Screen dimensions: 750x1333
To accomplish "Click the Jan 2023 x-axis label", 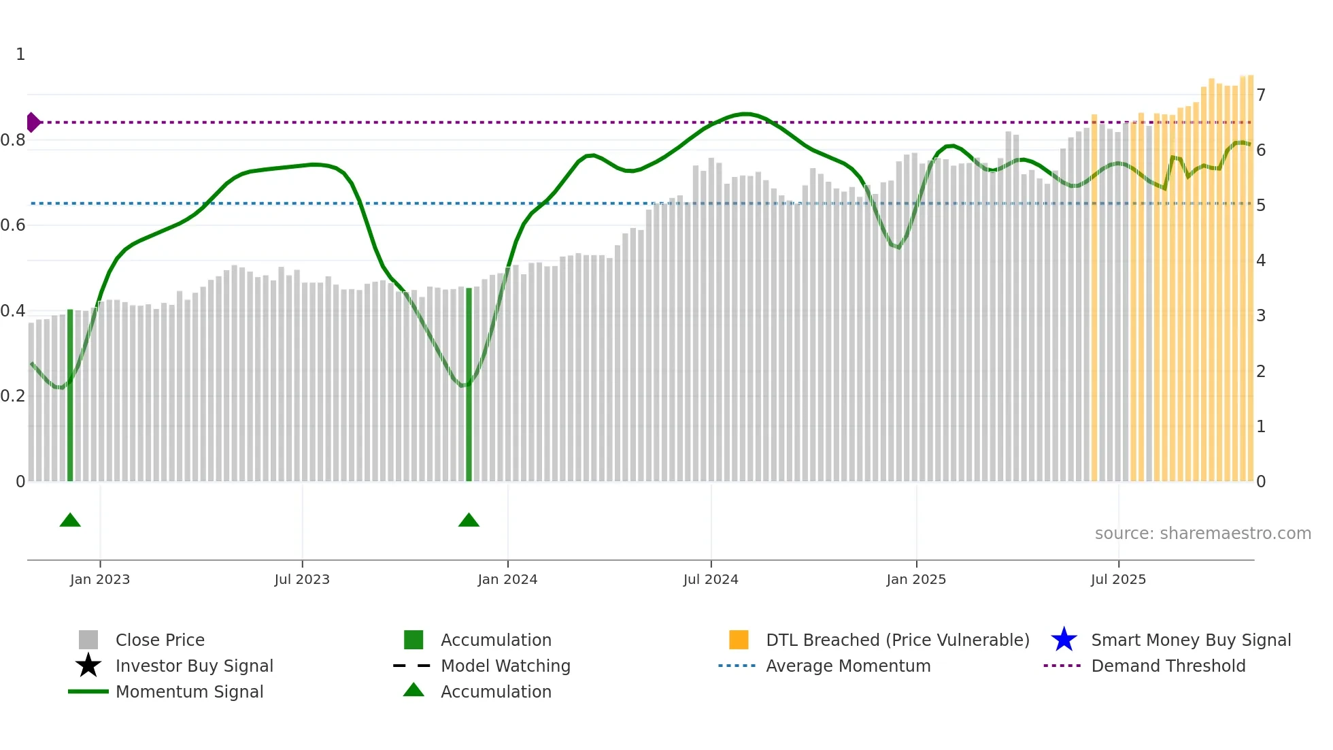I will pos(100,579).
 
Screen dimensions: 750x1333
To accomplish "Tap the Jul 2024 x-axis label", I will pos(711,579).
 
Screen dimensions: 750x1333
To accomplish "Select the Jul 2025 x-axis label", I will pos(1118,579).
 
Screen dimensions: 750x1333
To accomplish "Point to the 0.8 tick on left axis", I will pos(13,140).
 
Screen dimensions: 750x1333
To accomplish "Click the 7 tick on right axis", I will pos(1261,95).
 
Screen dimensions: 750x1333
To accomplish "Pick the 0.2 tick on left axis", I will pos(13,396).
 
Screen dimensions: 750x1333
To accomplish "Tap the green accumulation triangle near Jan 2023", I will pos(70,521).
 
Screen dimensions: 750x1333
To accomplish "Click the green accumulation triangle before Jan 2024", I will pos(469,521).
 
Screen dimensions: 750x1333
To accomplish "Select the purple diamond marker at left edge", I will pos(33,123).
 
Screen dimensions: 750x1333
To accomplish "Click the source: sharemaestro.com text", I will pos(1202,533).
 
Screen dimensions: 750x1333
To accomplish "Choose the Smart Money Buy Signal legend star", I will pos(1064,640).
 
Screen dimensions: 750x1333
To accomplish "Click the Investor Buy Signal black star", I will pos(88,666).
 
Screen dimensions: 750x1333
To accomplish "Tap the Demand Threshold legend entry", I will pos(1168,666).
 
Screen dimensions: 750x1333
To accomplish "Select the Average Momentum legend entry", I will pos(847,666).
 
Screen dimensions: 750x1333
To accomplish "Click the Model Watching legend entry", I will pos(505,666).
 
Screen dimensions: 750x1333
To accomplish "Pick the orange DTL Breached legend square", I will pos(739,640).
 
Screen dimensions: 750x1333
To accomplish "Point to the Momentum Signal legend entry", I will pos(189,691).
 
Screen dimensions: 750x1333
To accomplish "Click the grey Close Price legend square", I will pos(88,640).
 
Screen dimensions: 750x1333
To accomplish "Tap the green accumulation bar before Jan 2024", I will pos(469,385).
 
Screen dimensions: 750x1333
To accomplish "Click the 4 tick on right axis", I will pos(1261,261).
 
